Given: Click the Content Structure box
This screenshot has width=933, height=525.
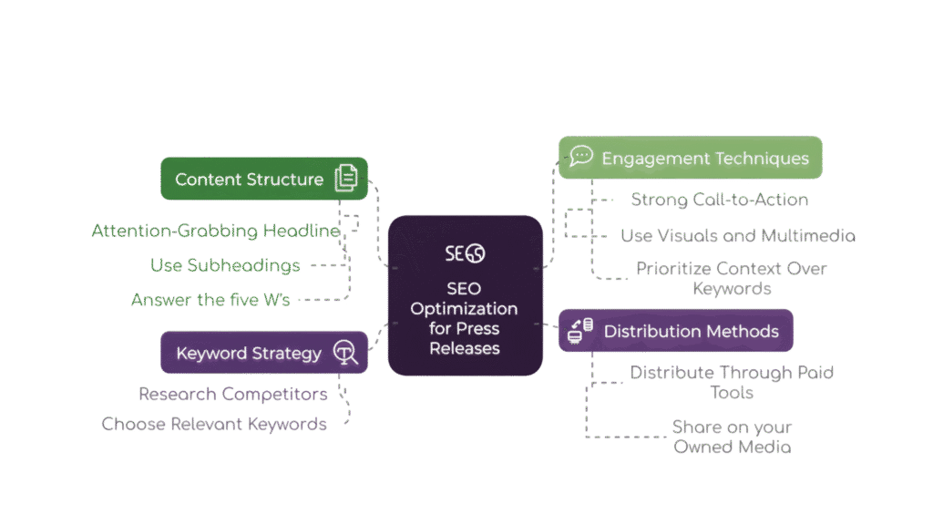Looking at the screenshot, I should [x=263, y=179].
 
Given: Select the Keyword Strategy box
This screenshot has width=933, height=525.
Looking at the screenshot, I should [x=263, y=353].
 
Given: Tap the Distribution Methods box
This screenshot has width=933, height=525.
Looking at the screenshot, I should [x=675, y=331].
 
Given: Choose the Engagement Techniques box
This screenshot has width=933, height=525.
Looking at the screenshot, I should [x=690, y=158].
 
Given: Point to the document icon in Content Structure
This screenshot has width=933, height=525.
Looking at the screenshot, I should [x=345, y=179].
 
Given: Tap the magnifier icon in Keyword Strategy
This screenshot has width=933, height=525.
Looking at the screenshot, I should [x=344, y=353].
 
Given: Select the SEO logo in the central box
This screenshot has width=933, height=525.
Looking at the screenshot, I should [x=466, y=253].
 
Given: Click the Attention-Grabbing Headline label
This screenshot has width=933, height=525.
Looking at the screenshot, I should [x=215, y=231].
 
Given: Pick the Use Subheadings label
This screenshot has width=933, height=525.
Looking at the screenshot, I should [x=225, y=265].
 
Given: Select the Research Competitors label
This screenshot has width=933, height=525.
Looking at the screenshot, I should [x=233, y=395].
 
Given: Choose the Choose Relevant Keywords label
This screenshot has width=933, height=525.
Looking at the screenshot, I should [x=215, y=424].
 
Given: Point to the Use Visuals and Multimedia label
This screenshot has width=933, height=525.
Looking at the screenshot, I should [x=737, y=236].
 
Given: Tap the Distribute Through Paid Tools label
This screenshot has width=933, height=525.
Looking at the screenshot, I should [x=732, y=383].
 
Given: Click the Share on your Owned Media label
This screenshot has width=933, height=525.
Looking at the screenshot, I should [x=732, y=437].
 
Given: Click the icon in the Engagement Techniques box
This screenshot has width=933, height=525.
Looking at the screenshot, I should [x=580, y=157].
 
